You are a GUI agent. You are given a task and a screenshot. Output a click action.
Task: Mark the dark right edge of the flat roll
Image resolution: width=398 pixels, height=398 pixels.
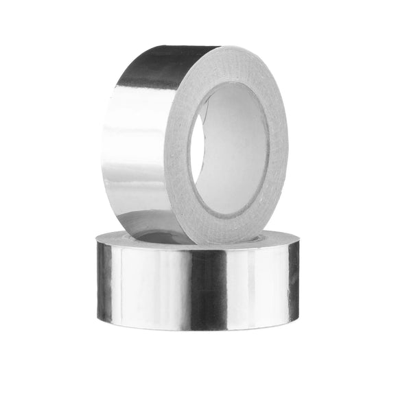coord(294,281)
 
